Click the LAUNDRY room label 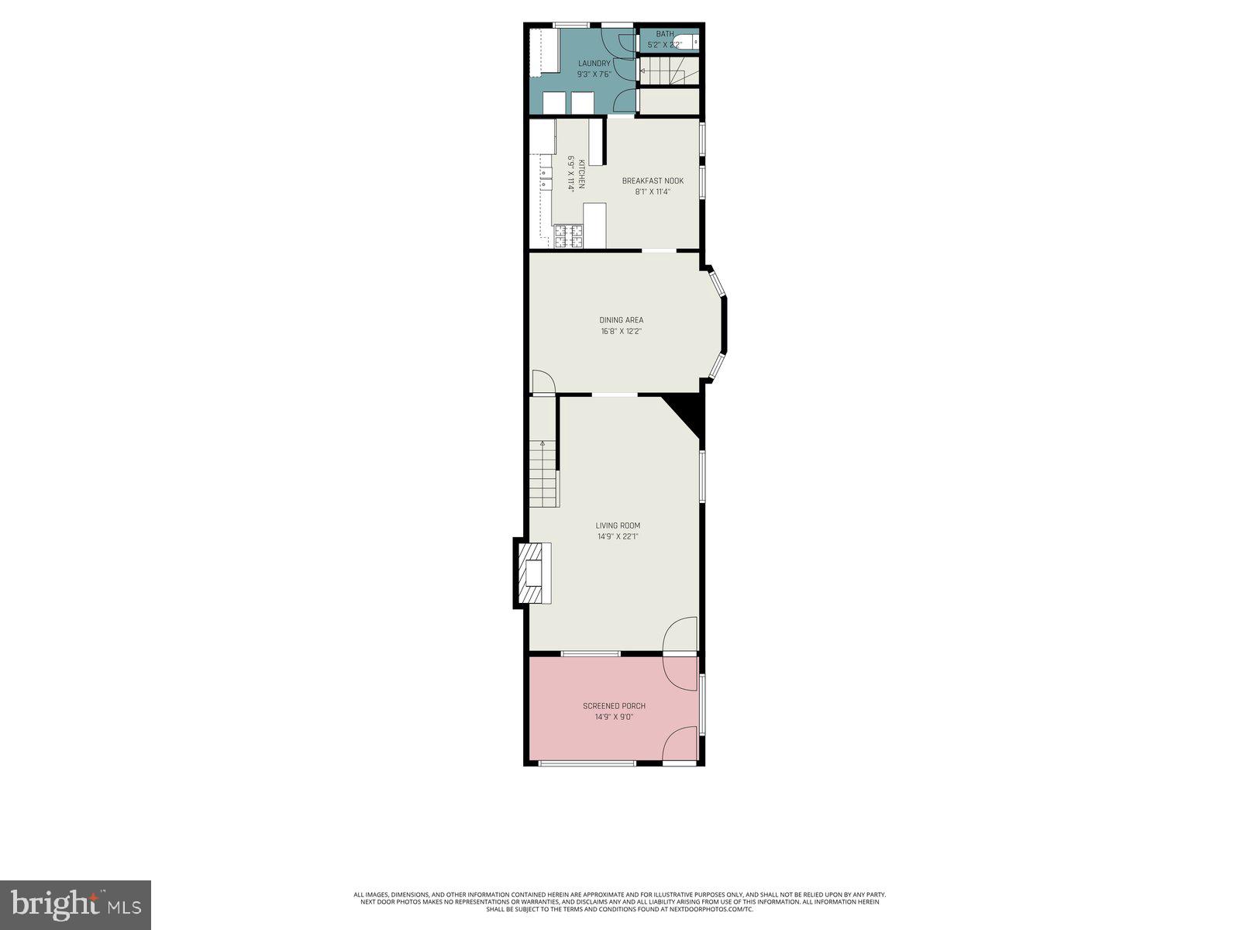594,64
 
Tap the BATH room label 664,34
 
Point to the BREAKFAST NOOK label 653,181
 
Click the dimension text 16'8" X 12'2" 621,331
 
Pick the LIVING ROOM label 618,525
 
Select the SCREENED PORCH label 614,706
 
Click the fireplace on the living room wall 533,573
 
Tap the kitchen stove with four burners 568,236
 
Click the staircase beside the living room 543,473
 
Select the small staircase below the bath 666,71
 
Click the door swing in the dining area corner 542,382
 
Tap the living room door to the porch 680,635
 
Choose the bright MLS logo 75,904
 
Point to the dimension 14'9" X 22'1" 618,536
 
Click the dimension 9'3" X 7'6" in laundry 594,74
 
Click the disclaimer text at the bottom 620,901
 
